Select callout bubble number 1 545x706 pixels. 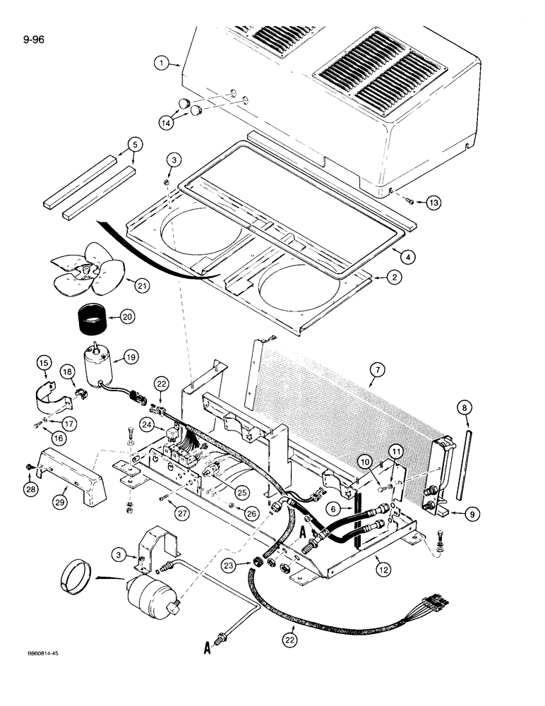tap(162, 64)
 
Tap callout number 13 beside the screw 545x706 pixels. tap(432, 203)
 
